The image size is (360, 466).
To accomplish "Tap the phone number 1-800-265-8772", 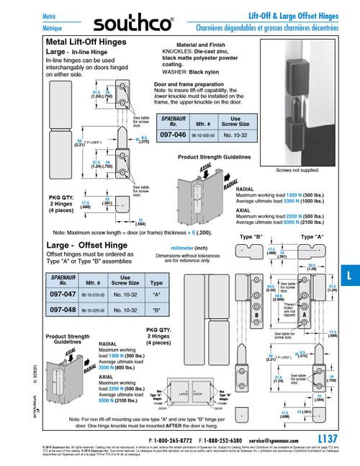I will click(174, 440).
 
